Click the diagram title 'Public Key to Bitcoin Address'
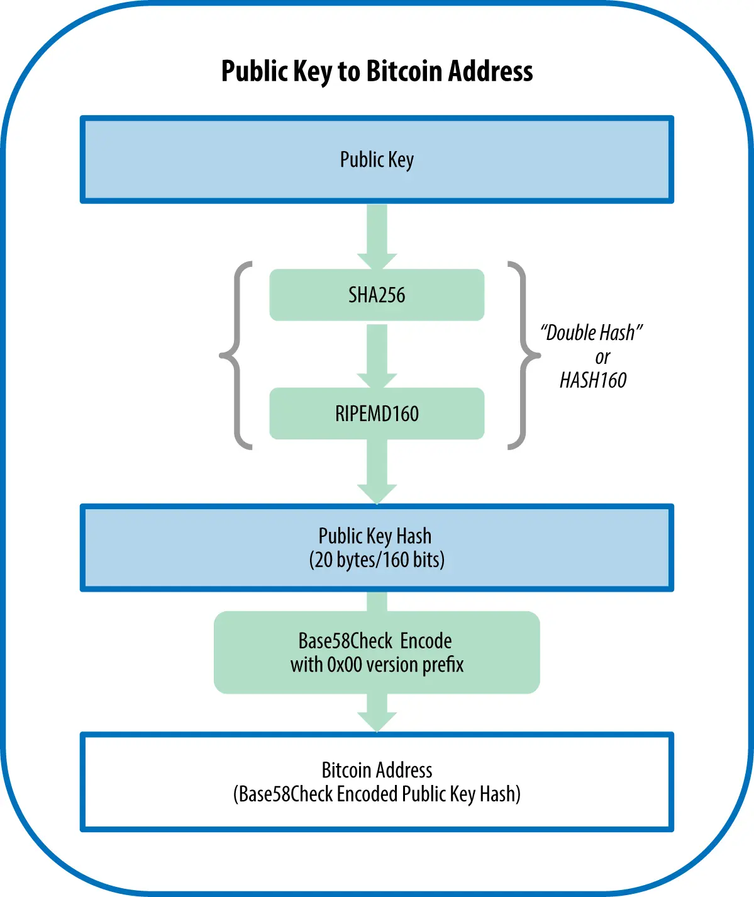[377, 71]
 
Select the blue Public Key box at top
[377, 160]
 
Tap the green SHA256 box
[377, 295]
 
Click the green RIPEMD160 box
[377, 414]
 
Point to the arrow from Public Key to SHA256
[377, 236]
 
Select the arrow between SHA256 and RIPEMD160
[377, 356]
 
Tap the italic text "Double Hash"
[591, 332]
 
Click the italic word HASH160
[593, 380]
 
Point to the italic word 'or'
[602, 357]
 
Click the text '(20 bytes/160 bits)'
[377, 560]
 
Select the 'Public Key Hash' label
[375, 536]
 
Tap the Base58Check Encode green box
[377, 652]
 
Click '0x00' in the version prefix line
[343, 665]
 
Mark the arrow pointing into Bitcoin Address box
[377, 713]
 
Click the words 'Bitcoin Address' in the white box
[377, 770]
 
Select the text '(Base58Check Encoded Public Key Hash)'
[377, 794]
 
